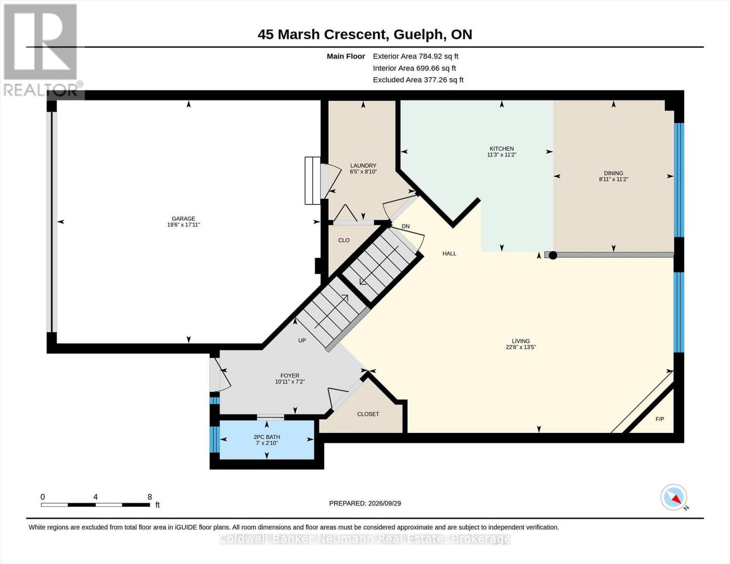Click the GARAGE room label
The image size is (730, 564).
(183, 219)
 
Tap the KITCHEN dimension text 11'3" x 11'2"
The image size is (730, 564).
(502, 155)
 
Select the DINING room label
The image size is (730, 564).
(613, 173)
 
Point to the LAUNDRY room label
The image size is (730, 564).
(363, 165)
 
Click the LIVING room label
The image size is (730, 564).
(521, 341)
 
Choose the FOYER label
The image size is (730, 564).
(290, 376)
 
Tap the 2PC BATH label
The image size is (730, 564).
(267, 437)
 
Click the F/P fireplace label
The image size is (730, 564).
(660, 419)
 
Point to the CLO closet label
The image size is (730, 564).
(344, 240)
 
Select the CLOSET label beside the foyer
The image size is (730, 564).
(368, 414)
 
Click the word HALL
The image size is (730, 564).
(449, 254)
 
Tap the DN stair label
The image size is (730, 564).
(406, 227)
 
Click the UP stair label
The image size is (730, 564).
(302, 340)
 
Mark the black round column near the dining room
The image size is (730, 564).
(553, 255)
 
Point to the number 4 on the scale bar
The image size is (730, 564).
(95, 497)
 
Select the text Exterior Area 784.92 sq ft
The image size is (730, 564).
(416, 56)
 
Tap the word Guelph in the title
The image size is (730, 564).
(417, 35)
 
